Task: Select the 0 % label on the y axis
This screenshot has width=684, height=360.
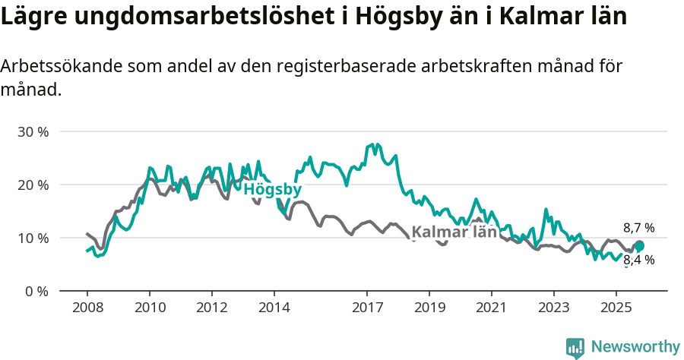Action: pos(36,291)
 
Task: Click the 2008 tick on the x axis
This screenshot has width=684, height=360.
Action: pos(87,308)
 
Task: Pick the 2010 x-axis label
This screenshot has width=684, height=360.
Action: pos(149,308)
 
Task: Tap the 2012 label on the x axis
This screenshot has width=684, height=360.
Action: pos(211,308)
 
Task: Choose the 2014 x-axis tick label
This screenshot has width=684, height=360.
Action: pos(274,308)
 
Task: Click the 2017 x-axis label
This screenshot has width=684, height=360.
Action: pos(367,308)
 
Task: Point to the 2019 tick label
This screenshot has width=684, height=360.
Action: pos(429,308)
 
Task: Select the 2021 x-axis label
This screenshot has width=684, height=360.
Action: pos(492,308)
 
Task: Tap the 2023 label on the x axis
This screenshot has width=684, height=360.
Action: pos(553,308)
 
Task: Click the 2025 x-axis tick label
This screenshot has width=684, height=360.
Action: pos(616,308)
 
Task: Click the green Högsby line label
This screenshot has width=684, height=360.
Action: pos(273,189)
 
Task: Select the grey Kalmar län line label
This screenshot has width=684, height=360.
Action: pos(454,232)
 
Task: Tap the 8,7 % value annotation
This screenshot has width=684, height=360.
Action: pos(638,228)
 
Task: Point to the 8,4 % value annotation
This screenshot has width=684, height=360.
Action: pos(638,260)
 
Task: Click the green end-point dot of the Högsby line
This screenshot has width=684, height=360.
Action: pos(639,245)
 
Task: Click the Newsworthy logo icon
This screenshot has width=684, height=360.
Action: pos(575,347)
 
